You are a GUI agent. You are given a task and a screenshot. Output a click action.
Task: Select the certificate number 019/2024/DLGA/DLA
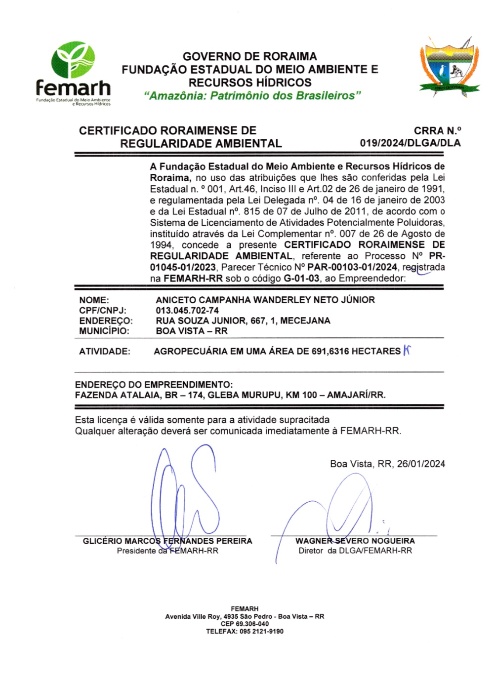coord(410,143)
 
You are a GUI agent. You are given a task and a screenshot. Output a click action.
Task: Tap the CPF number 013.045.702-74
coord(187,310)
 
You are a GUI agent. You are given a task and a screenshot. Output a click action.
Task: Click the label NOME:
coord(94,300)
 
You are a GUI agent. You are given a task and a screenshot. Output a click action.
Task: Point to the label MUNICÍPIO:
coord(104,331)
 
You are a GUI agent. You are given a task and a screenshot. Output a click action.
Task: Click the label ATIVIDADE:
coord(105,352)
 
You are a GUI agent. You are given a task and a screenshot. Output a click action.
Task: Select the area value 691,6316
coord(330,352)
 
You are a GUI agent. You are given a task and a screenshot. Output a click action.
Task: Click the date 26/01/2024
coord(421,464)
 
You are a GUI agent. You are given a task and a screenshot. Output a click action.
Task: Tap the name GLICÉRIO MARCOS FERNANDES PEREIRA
coord(167,541)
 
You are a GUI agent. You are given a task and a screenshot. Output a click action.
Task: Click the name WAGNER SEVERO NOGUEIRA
coord(355,541)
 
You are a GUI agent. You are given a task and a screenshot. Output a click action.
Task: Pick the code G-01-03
coord(301,279)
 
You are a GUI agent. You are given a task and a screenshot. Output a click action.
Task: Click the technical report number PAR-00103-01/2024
coord(352,267)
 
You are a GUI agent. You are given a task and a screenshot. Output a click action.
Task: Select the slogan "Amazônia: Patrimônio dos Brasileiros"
coord(252,96)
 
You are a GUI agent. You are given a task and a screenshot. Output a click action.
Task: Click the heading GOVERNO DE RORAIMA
coord(250,56)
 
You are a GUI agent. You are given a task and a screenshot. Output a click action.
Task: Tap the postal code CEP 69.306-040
coord(245,624)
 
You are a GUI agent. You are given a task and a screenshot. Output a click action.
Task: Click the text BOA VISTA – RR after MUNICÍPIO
coord(191,331)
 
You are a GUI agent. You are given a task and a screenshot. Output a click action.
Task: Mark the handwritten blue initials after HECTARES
coord(407,351)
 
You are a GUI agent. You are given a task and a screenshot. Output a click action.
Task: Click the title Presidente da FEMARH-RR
coord(167,551)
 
